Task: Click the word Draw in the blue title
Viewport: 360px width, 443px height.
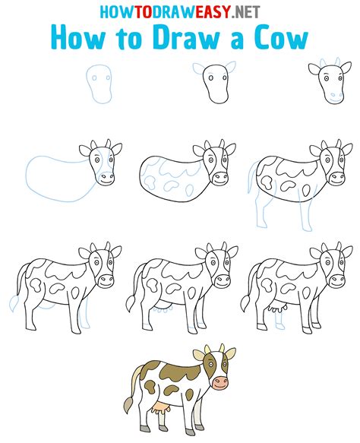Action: (x=182, y=39)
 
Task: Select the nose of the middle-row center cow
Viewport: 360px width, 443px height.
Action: (x=219, y=179)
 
